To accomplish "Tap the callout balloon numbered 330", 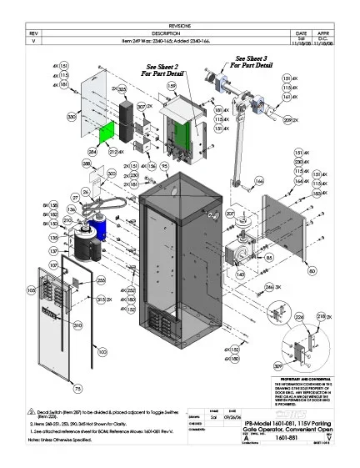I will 72,119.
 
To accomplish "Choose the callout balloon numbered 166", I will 259,179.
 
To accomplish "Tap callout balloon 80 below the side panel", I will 311,271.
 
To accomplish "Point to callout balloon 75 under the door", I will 78,388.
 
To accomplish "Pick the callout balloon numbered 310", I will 77,325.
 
